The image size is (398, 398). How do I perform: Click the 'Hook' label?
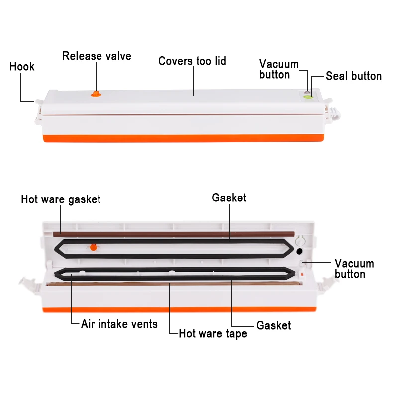(22, 67)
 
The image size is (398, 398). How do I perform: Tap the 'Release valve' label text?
(97, 56)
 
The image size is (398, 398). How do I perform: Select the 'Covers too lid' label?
(192, 61)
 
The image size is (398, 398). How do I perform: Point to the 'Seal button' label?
(354, 76)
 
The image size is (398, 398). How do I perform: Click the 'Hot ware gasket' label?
(61, 199)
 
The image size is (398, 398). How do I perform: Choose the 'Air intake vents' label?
(119, 324)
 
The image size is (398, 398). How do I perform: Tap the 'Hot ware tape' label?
(213, 334)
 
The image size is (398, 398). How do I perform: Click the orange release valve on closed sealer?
(96, 94)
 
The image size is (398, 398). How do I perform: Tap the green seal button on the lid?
(308, 97)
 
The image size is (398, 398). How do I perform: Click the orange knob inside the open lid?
(94, 247)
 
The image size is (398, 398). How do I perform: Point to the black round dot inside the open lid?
(299, 251)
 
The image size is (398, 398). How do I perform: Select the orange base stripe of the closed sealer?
(184, 138)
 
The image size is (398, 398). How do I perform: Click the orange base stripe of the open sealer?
(179, 310)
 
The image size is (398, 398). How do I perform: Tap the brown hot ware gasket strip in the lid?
(174, 234)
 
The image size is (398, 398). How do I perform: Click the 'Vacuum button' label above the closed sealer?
(279, 69)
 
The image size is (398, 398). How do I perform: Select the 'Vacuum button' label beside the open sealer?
(354, 269)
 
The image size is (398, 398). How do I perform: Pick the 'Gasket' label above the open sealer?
(229, 198)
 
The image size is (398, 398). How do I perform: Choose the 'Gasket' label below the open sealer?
(273, 325)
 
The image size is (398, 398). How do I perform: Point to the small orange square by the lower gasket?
(302, 275)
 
